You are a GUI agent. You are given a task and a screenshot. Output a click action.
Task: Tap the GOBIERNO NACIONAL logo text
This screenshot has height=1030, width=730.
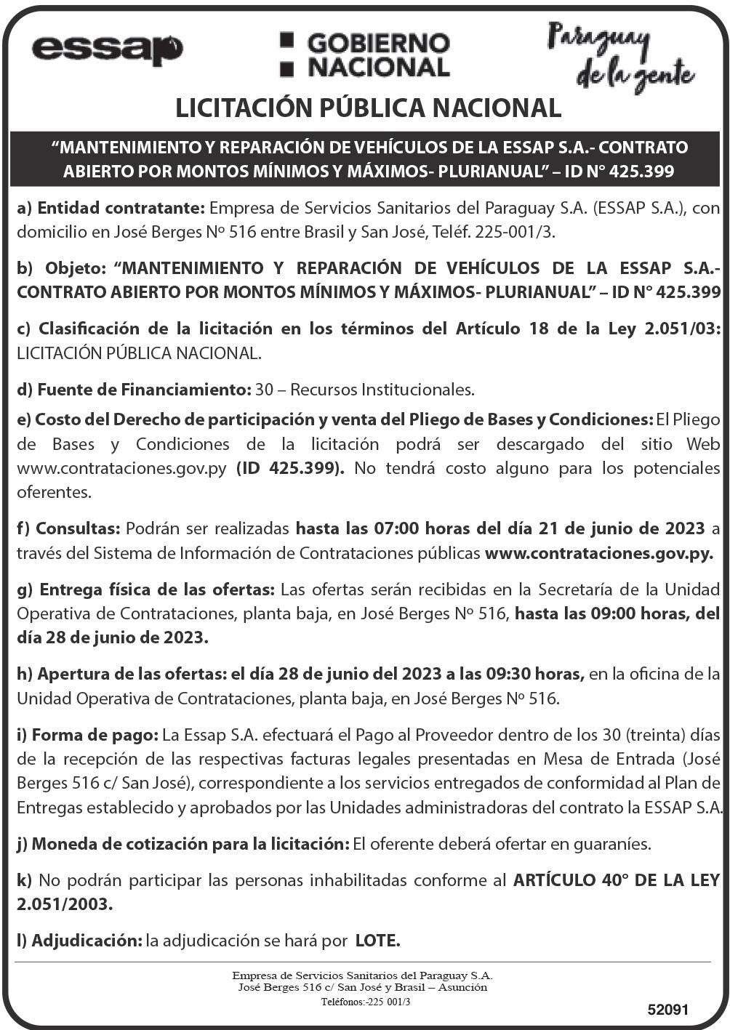pos(366,55)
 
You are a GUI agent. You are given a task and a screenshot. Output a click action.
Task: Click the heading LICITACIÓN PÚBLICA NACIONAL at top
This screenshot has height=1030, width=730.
pos(368,108)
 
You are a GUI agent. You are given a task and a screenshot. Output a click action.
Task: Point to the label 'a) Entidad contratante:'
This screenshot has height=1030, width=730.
pos(111,208)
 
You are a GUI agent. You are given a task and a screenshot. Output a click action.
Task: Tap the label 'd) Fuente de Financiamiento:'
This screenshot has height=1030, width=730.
pos(134,390)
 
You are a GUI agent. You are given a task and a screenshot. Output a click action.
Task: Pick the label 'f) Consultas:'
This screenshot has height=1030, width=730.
pos(68,528)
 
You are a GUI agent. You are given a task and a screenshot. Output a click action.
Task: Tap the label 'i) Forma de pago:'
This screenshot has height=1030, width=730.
pos(87,735)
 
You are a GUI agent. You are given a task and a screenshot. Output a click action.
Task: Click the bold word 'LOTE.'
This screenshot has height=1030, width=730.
pos(377,941)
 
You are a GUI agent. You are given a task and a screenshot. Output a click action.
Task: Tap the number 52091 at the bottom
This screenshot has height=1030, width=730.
pos(667,1010)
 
